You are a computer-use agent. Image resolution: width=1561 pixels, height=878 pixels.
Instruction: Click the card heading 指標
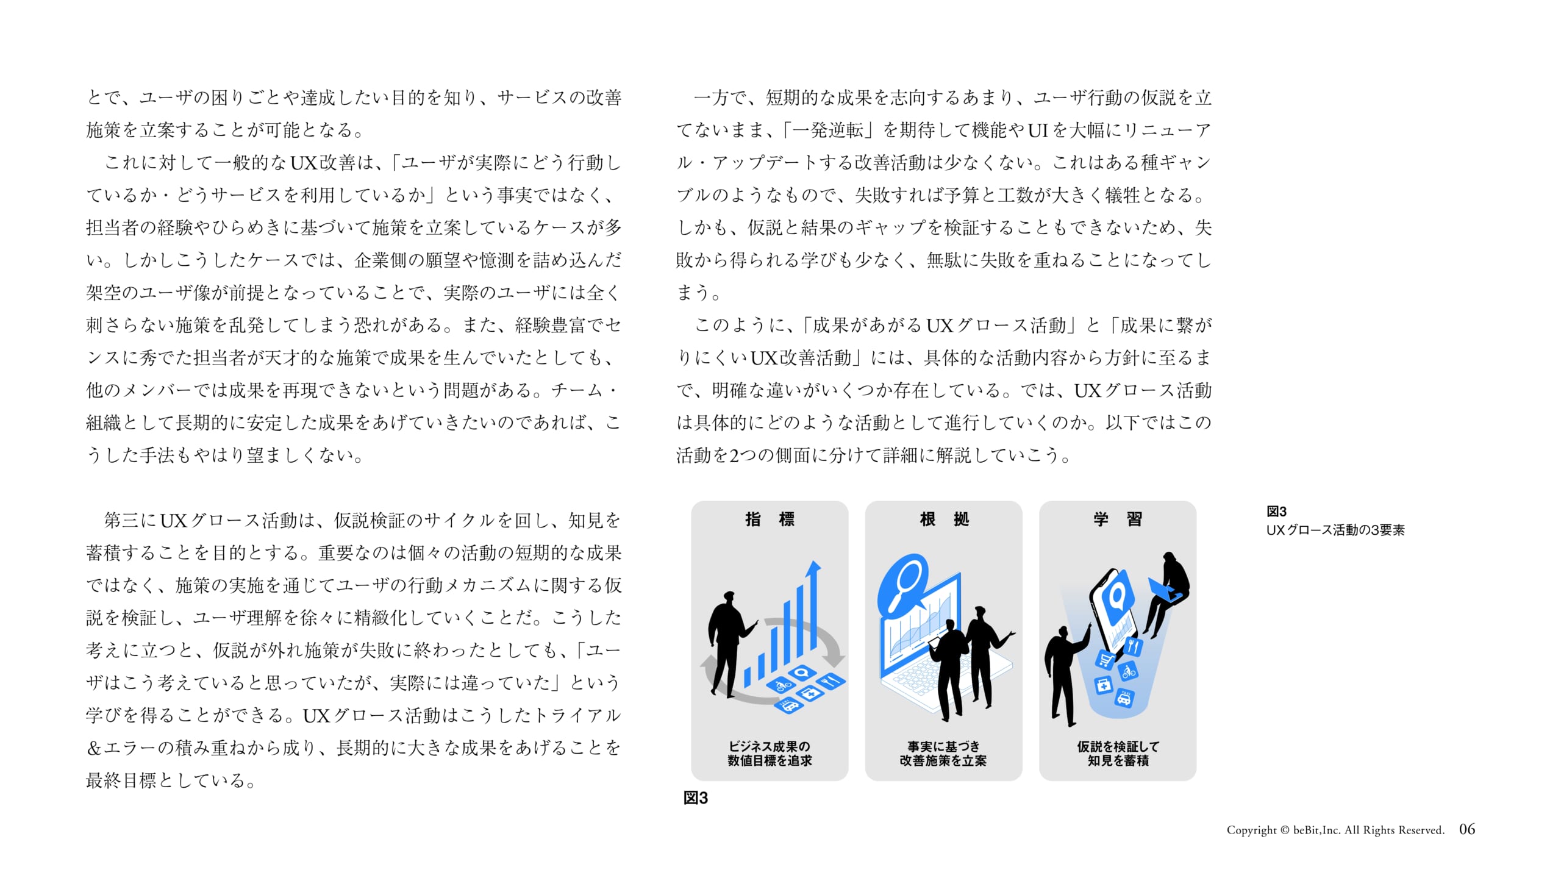[x=770, y=519]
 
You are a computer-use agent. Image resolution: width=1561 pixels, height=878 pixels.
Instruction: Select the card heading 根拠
[x=944, y=519]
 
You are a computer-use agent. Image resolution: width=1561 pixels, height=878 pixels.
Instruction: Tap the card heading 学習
[x=1118, y=519]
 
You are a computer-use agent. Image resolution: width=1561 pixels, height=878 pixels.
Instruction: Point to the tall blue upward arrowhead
[x=813, y=569]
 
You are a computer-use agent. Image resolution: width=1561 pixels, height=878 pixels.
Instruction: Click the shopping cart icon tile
[x=1104, y=660]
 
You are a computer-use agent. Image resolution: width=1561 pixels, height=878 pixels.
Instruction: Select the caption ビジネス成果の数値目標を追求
[x=770, y=754]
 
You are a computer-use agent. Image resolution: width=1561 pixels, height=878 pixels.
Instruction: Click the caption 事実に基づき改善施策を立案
[x=943, y=754]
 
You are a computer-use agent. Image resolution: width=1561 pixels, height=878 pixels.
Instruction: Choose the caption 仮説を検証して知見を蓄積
[x=1118, y=754]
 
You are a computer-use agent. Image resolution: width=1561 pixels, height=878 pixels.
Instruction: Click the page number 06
[x=1467, y=829]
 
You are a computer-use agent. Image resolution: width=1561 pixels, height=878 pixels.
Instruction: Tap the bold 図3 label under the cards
[x=696, y=798]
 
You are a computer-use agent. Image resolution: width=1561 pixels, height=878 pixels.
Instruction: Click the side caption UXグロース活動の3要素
[x=1335, y=530]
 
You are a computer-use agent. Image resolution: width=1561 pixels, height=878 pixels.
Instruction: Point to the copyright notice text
[x=1335, y=830]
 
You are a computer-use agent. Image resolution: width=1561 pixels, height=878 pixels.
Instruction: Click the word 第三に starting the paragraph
[x=130, y=521]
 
